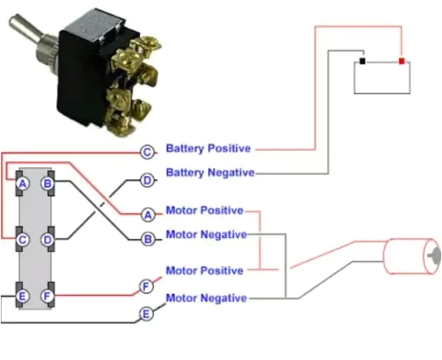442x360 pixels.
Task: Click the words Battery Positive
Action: [208, 149]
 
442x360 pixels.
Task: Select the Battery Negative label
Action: [210, 173]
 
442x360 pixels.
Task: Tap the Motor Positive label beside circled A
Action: [205, 210]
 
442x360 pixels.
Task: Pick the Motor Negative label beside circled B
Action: [206, 234]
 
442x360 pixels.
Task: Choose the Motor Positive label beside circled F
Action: [205, 270]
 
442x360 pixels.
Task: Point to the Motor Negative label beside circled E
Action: [206, 297]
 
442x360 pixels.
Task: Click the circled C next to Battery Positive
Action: [147, 152]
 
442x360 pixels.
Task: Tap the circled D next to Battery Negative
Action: [147, 179]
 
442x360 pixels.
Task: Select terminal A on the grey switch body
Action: [23, 183]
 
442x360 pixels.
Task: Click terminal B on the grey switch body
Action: [48, 183]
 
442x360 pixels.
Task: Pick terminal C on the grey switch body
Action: [23, 240]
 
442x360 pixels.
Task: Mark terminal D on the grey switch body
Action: [48, 240]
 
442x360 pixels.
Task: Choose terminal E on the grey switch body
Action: [23, 295]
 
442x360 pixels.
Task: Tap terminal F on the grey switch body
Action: [48, 295]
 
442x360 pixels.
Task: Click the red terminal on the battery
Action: [401, 61]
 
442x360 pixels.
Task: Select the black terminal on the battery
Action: [362, 61]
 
